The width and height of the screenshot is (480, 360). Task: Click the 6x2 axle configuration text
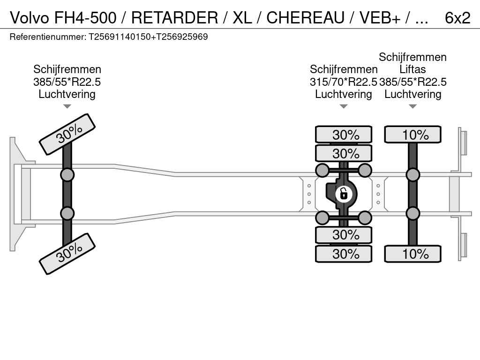pyautogui.click(x=457, y=17)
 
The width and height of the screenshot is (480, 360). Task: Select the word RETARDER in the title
pyautogui.click(x=174, y=17)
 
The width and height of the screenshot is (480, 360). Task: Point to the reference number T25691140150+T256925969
pyautogui.click(x=148, y=37)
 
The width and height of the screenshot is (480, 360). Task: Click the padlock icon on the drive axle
pyautogui.click(x=343, y=193)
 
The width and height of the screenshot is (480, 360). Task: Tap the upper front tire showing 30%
pyautogui.click(x=67, y=134)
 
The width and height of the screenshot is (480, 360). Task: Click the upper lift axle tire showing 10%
pyautogui.click(x=412, y=135)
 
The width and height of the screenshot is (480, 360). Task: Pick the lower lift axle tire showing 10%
pyautogui.click(x=412, y=254)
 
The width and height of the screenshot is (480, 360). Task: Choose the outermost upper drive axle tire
pyautogui.click(x=344, y=135)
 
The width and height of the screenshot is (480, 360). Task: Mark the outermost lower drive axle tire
pyautogui.click(x=344, y=254)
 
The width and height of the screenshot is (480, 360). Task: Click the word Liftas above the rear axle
pyautogui.click(x=412, y=69)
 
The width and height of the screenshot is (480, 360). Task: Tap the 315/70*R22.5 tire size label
pyautogui.click(x=344, y=82)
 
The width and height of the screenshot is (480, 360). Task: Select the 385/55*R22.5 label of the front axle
pyautogui.click(x=67, y=82)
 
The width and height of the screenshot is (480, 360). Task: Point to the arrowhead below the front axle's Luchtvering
pyautogui.click(x=67, y=106)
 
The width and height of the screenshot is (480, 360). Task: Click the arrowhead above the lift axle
pyautogui.click(x=412, y=106)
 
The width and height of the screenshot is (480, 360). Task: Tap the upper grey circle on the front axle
pyautogui.click(x=67, y=175)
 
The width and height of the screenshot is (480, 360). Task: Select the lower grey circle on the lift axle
pyautogui.click(x=412, y=213)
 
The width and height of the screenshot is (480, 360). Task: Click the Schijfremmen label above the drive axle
pyautogui.click(x=344, y=69)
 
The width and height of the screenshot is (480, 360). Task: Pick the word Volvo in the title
pyautogui.click(x=30, y=17)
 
